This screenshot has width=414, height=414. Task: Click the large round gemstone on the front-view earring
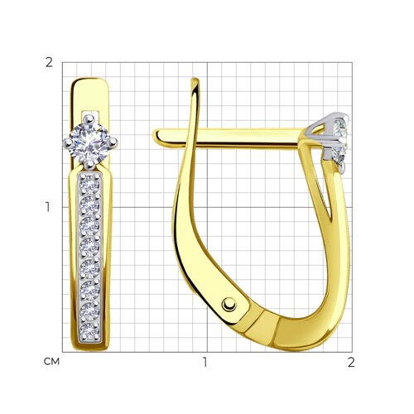[x=89, y=142]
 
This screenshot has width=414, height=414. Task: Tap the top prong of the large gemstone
[x=89, y=119]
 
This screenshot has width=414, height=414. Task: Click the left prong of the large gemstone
[x=68, y=142]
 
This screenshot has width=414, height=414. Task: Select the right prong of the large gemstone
[x=112, y=142]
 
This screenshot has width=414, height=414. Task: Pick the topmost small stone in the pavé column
[x=89, y=184]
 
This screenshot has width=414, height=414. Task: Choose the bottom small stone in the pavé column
[x=89, y=331]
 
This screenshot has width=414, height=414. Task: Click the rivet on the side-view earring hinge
[x=229, y=305]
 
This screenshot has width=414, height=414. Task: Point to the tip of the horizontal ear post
[x=155, y=136]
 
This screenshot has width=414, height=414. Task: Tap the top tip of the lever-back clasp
[x=195, y=79]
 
